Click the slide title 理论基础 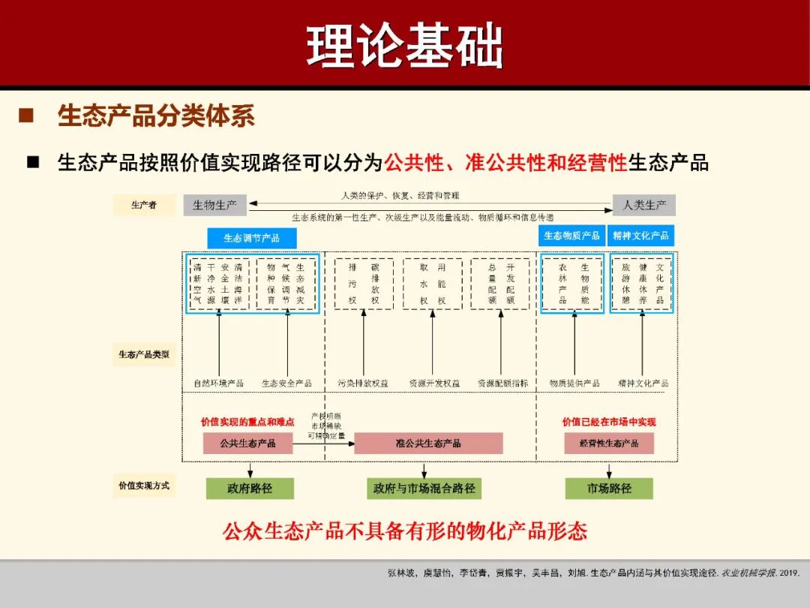pos(404,47)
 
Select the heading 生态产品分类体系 pos(156,116)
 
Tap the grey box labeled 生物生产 pos(214,205)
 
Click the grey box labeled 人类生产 pos(644,205)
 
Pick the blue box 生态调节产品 pos(252,238)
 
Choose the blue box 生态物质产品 pos(571,236)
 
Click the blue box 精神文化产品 pos(640,236)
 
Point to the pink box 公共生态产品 pos(247,443)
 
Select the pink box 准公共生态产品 pos(428,443)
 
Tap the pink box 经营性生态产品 pos(609,443)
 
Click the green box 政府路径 pos(250,489)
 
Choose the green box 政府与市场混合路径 pos(424,489)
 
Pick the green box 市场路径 pos(609,489)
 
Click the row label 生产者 pos(144,205)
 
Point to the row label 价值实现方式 pos(144,486)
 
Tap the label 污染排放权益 pos(363,384)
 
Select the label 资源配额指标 pos(502,384)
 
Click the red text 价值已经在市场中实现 pos(609,422)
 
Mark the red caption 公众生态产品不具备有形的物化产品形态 pos(405,531)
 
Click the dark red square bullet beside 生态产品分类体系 pos(27,116)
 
